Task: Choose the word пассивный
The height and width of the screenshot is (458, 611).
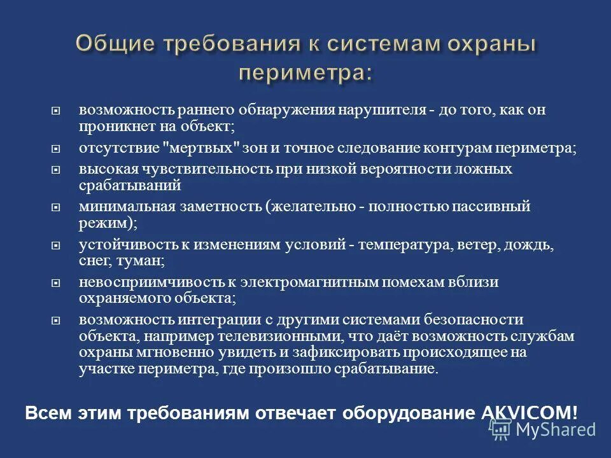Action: tap(491, 207)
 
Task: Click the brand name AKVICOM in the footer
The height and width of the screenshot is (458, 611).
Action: tap(526, 412)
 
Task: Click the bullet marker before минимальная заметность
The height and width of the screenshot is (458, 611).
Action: tap(56, 207)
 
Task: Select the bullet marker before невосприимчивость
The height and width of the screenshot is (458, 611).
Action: tap(56, 282)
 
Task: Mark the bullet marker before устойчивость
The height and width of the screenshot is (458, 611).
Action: tap(56, 245)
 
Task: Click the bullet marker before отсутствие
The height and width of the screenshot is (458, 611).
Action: tap(56, 149)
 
